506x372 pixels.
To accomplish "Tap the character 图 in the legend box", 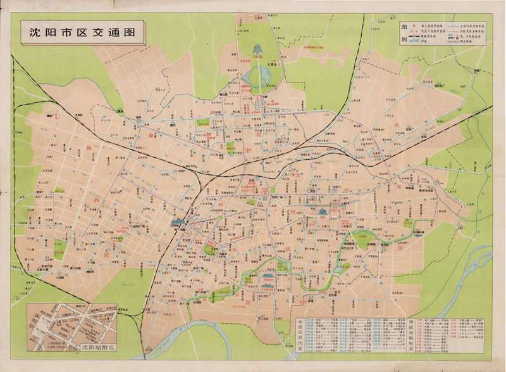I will (x=405, y=29).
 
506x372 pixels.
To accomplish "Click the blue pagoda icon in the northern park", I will (x=258, y=51).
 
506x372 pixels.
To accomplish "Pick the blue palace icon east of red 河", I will (x=322, y=211).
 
